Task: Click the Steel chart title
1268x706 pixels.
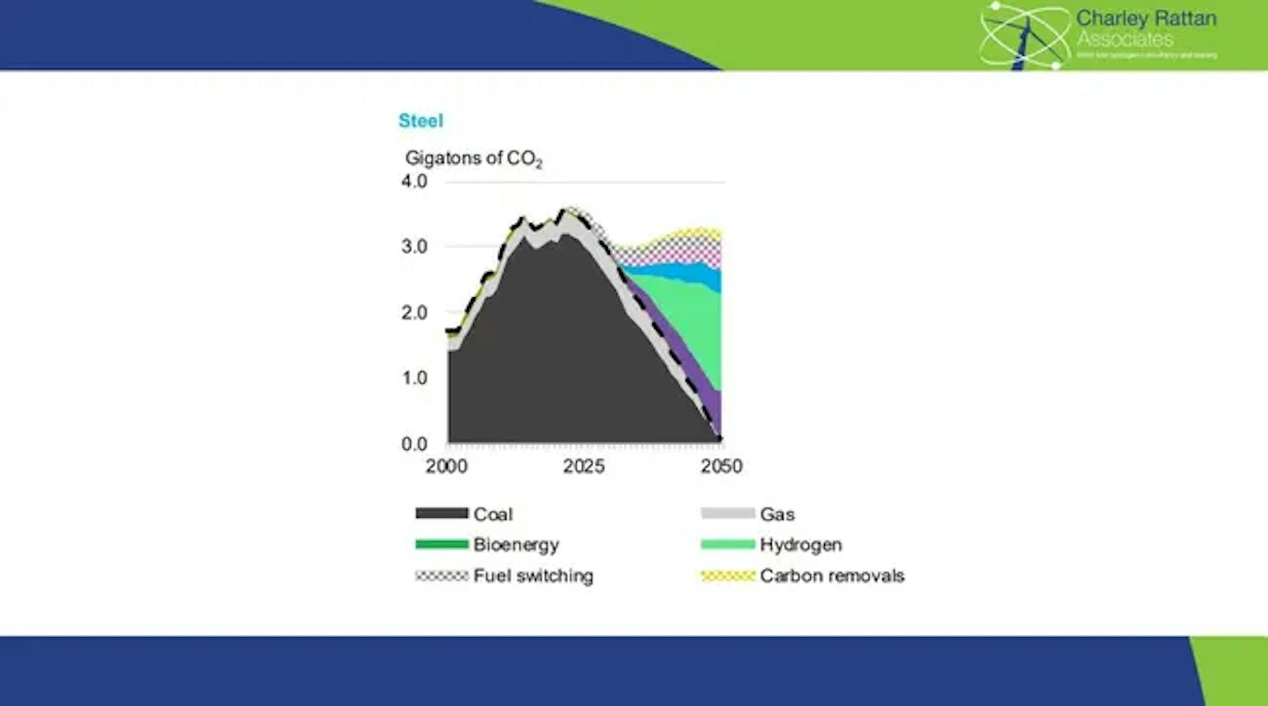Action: tap(420, 120)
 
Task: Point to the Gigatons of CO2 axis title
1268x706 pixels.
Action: tap(474, 158)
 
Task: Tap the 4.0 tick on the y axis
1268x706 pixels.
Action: tap(414, 181)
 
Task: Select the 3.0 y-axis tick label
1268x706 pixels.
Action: tap(414, 247)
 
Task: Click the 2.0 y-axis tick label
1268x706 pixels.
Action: tap(414, 312)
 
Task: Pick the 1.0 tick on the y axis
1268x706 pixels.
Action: tap(414, 378)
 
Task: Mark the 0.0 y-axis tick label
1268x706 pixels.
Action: tap(414, 444)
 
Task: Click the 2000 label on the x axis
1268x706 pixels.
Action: tap(446, 466)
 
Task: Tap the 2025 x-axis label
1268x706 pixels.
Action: tap(583, 466)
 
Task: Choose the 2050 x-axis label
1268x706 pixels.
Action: tap(721, 466)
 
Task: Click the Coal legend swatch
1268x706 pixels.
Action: tap(441, 513)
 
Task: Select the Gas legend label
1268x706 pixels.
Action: tap(777, 514)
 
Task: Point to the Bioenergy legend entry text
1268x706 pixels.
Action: tap(516, 544)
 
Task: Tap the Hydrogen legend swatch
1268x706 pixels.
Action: tap(728, 544)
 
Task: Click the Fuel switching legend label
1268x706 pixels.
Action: tap(533, 575)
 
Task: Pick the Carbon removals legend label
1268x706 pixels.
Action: tap(832, 575)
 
